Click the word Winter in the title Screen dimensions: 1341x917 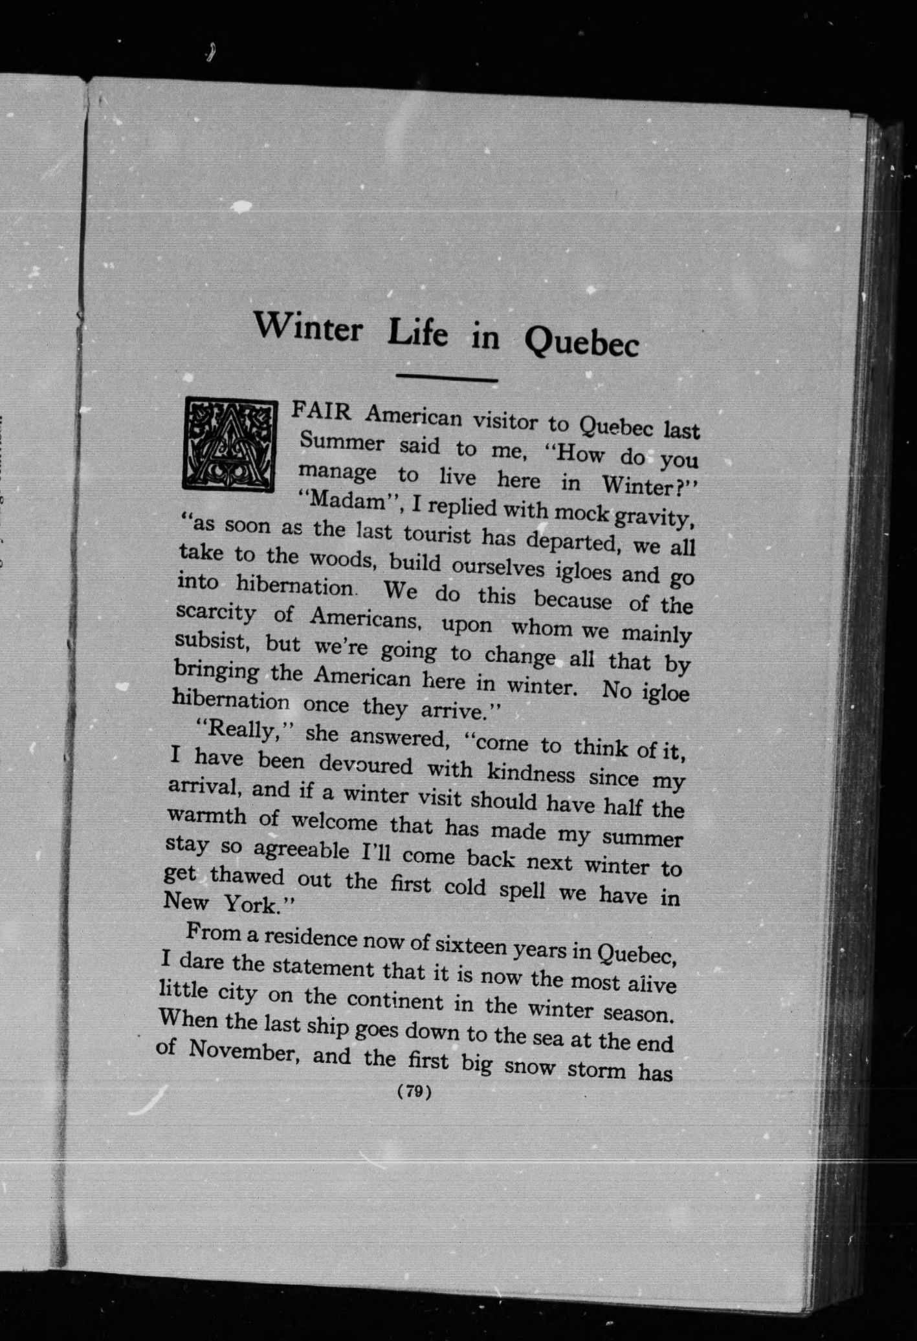(307, 327)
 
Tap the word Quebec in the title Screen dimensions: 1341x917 (580, 342)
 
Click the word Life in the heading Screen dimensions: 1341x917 (417, 334)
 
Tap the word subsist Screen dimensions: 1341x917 (210, 641)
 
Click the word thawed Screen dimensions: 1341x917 (247, 877)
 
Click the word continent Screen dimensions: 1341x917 (395, 1000)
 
